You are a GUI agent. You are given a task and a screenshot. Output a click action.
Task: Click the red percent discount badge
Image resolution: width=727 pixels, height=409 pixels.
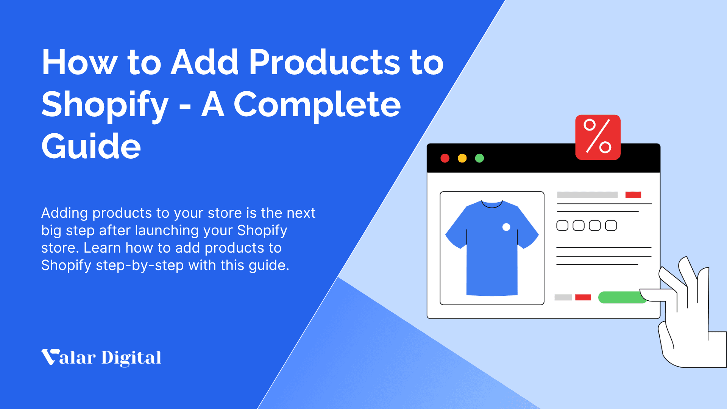598,137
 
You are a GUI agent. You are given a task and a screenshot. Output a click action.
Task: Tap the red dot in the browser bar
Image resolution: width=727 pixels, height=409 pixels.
445,158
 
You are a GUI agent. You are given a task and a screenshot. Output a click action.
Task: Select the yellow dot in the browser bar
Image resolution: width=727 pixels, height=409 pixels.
462,158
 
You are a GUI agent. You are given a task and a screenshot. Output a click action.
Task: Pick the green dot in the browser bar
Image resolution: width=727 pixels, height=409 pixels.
479,158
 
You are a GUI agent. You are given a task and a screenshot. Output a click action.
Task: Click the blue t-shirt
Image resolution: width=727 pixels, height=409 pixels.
491,250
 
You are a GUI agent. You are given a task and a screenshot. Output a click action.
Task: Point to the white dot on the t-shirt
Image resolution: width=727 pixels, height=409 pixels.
506,227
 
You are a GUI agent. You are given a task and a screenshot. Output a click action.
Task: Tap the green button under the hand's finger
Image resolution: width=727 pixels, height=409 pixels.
621,297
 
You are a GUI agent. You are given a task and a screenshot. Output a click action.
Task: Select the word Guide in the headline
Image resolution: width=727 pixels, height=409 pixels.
91,146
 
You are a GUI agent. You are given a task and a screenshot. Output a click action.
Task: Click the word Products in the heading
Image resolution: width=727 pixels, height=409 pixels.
324,62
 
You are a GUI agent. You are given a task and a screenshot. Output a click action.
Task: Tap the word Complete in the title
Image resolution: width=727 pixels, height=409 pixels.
317,105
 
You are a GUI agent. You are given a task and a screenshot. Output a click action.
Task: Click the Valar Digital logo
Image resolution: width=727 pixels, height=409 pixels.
101,357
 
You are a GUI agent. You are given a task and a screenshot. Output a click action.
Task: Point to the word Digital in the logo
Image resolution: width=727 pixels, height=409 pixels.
131,358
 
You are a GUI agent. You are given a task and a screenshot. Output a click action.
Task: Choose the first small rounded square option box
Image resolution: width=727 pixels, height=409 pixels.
562,226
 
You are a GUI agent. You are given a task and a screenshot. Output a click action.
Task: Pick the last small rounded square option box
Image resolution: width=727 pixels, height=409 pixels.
611,226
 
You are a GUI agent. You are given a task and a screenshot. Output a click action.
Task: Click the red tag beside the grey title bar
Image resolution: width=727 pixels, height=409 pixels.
633,195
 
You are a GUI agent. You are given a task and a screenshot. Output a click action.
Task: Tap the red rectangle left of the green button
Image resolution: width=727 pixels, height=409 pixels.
583,297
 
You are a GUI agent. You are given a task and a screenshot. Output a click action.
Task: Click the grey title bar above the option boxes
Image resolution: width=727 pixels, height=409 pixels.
587,195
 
